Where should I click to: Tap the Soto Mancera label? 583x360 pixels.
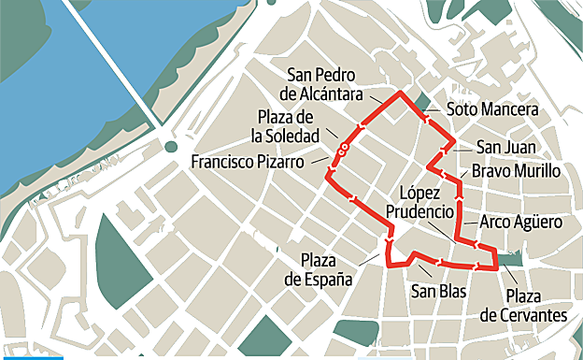[x=491, y=110]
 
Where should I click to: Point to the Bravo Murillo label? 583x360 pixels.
[x=516, y=171]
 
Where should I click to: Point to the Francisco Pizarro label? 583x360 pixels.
[x=247, y=161]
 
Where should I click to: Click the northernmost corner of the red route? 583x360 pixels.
[x=401, y=94]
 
